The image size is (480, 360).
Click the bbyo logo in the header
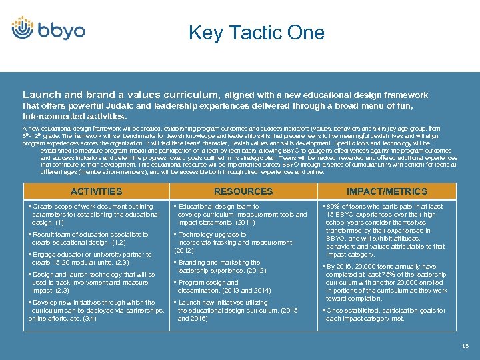click(48, 29)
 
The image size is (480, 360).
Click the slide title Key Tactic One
click(256, 33)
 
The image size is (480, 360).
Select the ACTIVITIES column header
click(96, 191)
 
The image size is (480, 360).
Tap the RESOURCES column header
click(243, 191)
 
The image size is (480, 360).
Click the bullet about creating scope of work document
click(93, 215)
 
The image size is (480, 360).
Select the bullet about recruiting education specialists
click(90, 239)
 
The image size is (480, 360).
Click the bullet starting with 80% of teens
click(387, 231)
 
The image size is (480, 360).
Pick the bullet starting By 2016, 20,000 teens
click(387, 283)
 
